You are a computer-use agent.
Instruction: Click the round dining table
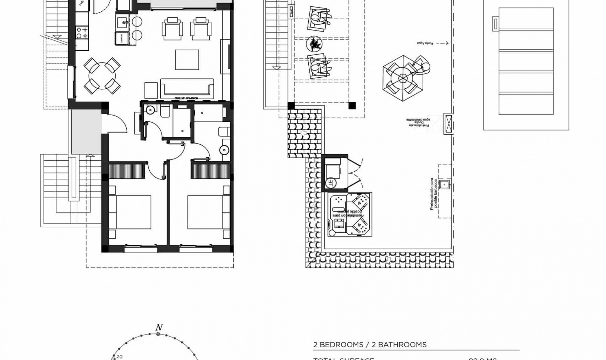[102, 76]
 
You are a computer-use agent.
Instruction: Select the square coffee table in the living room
[187, 60]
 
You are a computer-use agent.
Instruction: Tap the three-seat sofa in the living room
[187, 88]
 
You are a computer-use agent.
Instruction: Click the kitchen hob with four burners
[82, 33]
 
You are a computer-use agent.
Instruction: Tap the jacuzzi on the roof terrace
[350, 214]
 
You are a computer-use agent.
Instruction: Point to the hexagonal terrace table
[403, 78]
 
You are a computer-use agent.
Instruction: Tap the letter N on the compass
[159, 327]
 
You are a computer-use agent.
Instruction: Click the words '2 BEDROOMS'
[338, 345]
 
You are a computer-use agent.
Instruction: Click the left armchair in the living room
[172, 29]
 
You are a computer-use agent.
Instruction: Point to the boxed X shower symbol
[449, 123]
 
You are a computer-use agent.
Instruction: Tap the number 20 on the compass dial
[119, 357]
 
